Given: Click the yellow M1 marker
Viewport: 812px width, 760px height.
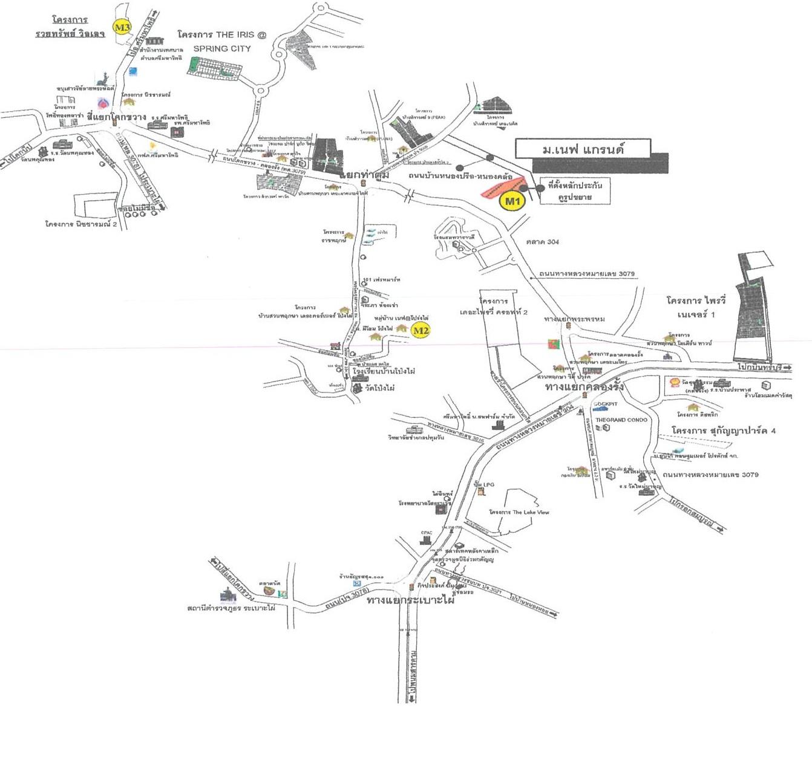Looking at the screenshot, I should (x=512, y=201).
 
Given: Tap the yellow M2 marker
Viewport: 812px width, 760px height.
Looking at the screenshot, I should (x=421, y=330).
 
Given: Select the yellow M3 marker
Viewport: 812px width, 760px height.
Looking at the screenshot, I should (x=122, y=27).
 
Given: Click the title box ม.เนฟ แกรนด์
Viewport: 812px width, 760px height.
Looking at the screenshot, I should (x=583, y=149).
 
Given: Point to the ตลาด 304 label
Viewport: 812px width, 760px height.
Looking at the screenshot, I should (x=542, y=242).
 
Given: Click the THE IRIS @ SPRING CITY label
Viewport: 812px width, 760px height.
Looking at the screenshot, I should (x=222, y=41).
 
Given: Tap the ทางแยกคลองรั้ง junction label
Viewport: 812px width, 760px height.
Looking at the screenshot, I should (x=584, y=386).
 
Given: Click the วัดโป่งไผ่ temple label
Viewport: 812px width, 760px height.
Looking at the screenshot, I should (x=379, y=388).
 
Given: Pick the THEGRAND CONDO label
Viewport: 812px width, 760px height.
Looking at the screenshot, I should (x=621, y=420).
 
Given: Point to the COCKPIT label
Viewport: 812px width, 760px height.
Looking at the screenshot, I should (x=605, y=404).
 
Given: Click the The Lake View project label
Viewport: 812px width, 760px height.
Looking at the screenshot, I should (x=519, y=512).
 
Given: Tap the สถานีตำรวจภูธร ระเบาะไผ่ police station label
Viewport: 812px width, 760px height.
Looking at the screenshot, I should (x=231, y=608).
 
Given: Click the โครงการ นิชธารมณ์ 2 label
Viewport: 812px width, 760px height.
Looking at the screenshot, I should (x=81, y=224).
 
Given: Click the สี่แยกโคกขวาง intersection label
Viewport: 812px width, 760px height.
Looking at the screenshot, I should (x=116, y=116).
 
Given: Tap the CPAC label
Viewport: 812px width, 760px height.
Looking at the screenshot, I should (x=427, y=533).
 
